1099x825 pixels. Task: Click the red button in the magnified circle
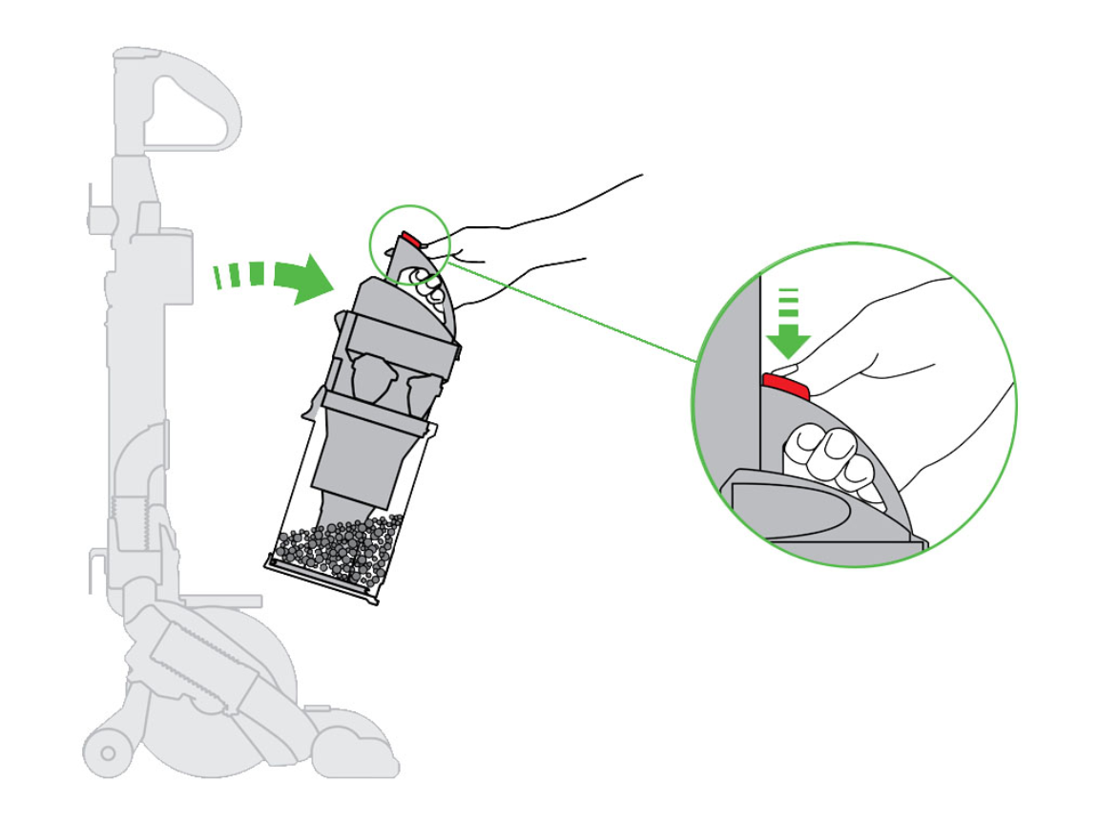click(x=785, y=386)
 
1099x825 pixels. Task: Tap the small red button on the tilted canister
click(x=409, y=239)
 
